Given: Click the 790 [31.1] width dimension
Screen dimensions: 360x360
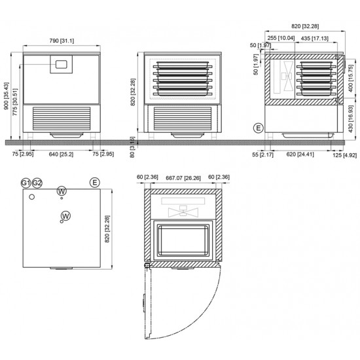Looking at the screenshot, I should point(62,41).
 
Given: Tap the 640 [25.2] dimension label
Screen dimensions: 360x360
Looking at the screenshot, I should point(62,154).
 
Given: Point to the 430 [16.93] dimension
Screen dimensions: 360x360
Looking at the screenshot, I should point(351,118).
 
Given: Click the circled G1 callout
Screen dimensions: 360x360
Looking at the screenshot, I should point(26,182).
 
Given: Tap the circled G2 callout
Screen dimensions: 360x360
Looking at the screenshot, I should point(37,182).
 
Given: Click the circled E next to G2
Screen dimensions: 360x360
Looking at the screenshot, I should point(96,182).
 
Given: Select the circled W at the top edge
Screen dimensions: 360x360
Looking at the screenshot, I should point(62,191).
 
